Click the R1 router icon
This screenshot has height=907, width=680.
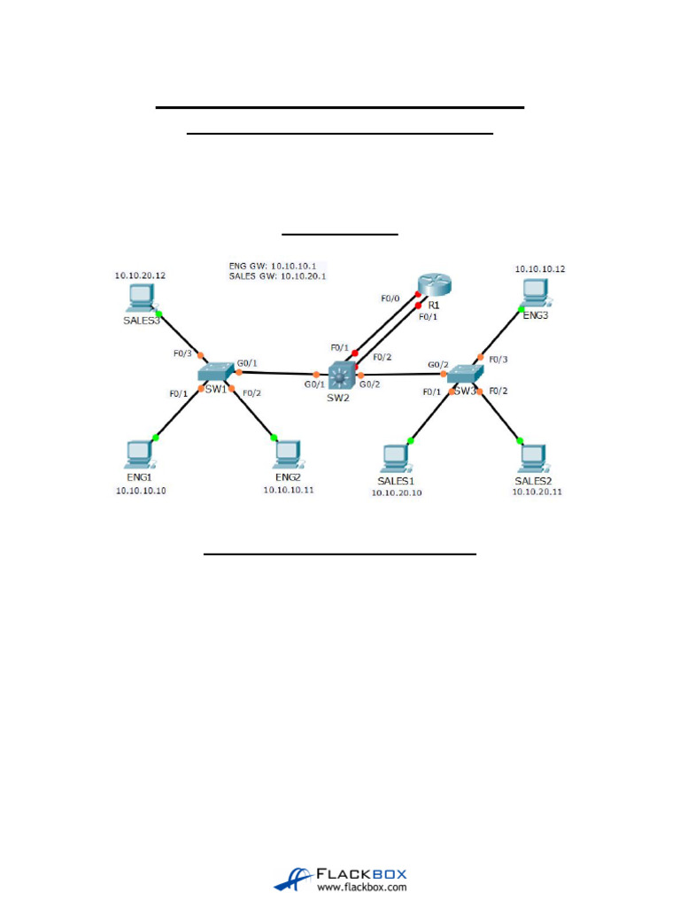(434, 285)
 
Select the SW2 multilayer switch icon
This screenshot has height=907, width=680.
(341, 376)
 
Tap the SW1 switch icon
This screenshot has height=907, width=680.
(215, 372)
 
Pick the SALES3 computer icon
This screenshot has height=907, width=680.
(140, 297)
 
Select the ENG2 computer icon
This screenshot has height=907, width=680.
(286, 453)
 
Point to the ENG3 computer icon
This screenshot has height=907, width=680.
(533, 291)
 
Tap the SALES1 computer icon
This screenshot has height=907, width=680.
(396, 457)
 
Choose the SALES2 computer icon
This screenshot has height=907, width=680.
(533, 456)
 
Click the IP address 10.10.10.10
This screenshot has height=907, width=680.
(141, 490)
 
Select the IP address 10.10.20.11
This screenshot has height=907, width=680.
(537, 492)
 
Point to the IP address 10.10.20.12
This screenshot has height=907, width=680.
(140, 275)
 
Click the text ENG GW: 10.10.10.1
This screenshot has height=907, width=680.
(277, 265)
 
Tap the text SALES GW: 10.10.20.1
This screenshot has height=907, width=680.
(277, 276)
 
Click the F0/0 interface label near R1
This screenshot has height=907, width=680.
(390, 298)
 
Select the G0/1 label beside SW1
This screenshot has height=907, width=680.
(247, 363)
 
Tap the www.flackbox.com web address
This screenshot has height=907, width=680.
(362, 886)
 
